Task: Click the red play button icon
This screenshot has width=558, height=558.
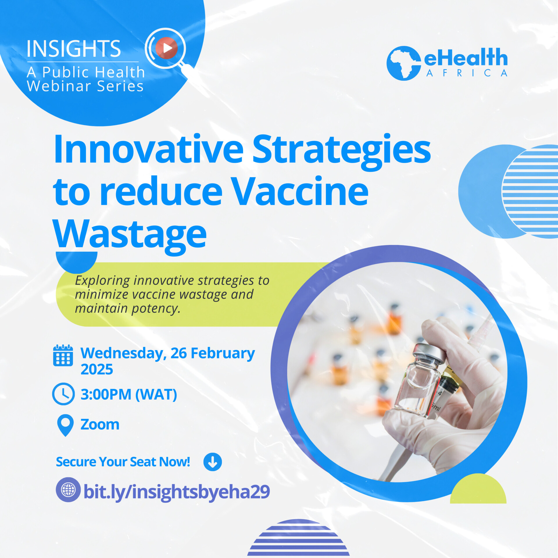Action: tap(167, 48)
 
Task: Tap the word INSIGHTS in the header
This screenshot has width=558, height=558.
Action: tap(74, 49)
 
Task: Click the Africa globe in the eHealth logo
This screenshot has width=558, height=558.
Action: tap(403, 63)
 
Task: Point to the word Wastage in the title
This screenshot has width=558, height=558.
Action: tap(130, 234)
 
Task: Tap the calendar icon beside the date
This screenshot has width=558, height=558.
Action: tap(63, 355)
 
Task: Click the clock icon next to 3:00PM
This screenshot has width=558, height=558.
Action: tap(63, 394)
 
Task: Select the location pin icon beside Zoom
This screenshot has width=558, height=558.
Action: tap(66, 425)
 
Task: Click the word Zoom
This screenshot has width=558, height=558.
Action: tap(100, 425)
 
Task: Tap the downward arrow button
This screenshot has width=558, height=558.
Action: tap(212, 462)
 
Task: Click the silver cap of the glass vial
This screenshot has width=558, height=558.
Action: tap(429, 352)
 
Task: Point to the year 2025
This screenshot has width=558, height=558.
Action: tap(97, 369)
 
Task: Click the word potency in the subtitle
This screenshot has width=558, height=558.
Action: tap(155, 309)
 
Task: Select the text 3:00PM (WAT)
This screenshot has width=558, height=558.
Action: tap(129, 394)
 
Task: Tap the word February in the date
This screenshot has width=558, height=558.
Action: tap(223, 353)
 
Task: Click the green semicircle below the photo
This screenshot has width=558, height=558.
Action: tap(478, 490)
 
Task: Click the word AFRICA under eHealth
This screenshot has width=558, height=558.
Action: tap(467, 73)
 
